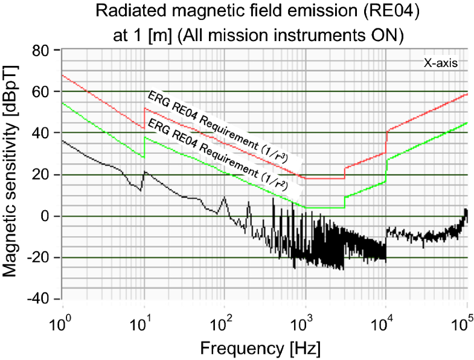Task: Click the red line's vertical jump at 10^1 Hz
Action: coord(144,118)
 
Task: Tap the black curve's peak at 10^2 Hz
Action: coord(224,197)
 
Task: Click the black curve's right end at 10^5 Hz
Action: coord(466,210)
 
